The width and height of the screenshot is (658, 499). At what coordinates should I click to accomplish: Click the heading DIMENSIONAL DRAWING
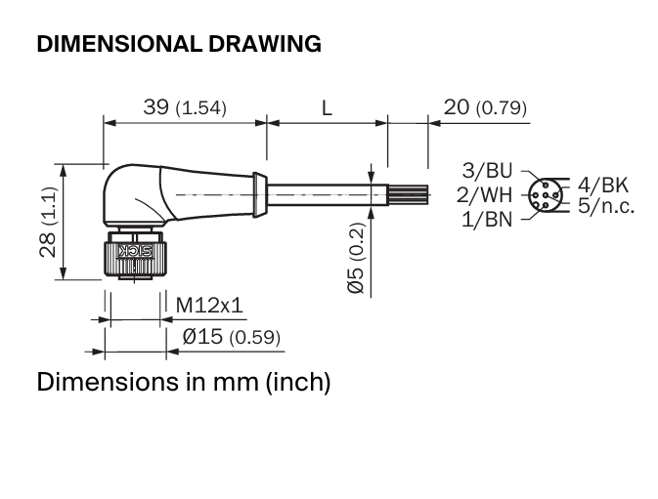pos(179,44)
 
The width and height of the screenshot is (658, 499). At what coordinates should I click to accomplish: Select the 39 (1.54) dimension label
pos(185,107)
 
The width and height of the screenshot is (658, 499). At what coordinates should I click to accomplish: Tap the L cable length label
pos(327,108)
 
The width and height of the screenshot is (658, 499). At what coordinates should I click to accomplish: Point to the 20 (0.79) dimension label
pos(485,107)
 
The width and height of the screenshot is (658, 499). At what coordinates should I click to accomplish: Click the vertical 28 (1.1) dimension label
pos(48,222)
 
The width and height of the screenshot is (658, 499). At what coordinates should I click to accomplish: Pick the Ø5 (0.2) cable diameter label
pos(356,258)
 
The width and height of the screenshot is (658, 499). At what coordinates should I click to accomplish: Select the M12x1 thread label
pos(209,305)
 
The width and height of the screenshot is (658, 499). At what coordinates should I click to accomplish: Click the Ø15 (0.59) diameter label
pos(231,337)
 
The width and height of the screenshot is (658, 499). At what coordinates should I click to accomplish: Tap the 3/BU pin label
pos(487,171)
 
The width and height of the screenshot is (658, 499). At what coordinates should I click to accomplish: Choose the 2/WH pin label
pos(485,195)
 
